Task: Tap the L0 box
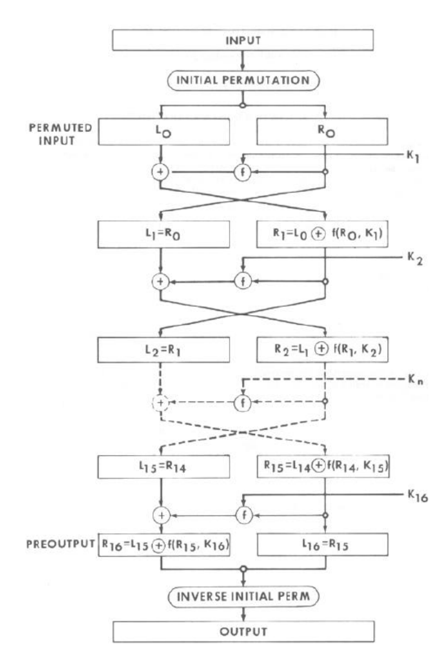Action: (162, 133)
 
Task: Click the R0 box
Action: (325, 133)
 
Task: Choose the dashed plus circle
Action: (162, 403)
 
